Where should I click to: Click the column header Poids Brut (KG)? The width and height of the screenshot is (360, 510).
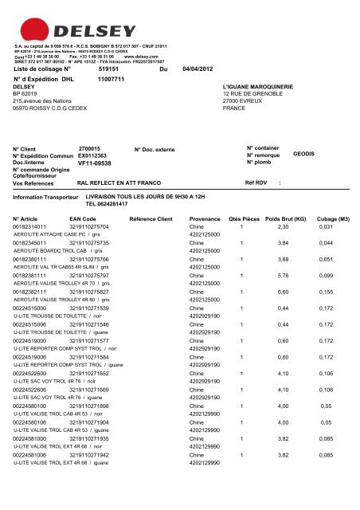285,218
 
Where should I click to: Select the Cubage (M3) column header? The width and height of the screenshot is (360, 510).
333,218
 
